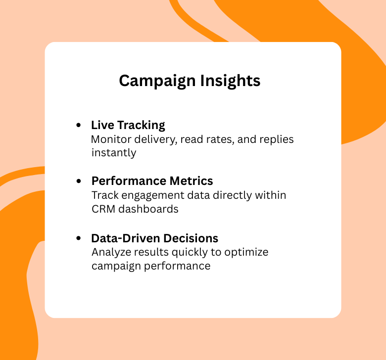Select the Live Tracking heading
click(x=128, y=125)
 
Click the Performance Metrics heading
click(x=152, y=181)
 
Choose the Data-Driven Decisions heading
click(x=154, y=238)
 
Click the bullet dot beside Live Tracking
click(x=79, y=126)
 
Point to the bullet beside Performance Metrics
click(x=79, y=181)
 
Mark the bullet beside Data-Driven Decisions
click(x=79, y=238)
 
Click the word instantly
click(x=113, y=153)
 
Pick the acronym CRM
click(x=103, y=209)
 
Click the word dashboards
click(x=148, y=209)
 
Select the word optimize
click(x=246, y=252)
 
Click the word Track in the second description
click(x=103, y=195)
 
